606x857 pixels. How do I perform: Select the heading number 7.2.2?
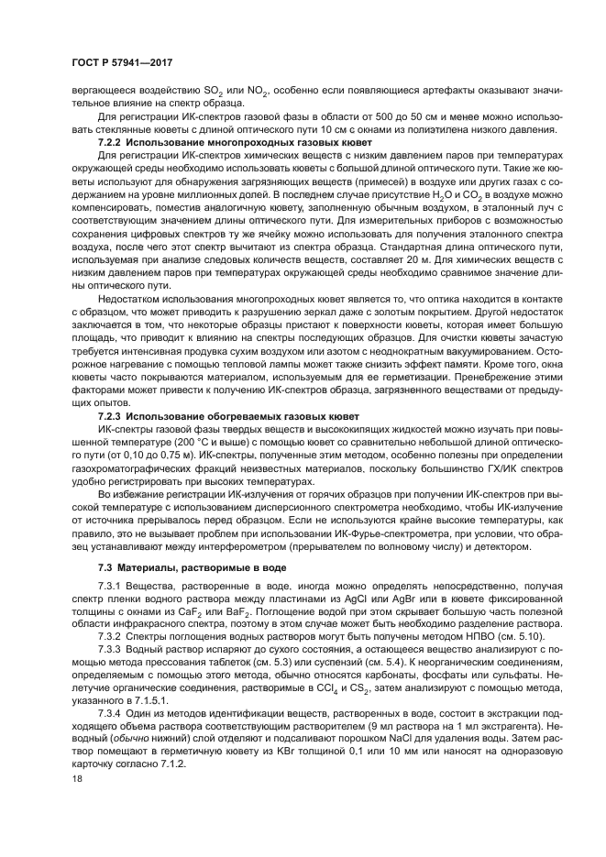point(110,144)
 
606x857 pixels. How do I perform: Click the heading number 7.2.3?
point(110,415)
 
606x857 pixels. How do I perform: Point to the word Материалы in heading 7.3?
point(150,567)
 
